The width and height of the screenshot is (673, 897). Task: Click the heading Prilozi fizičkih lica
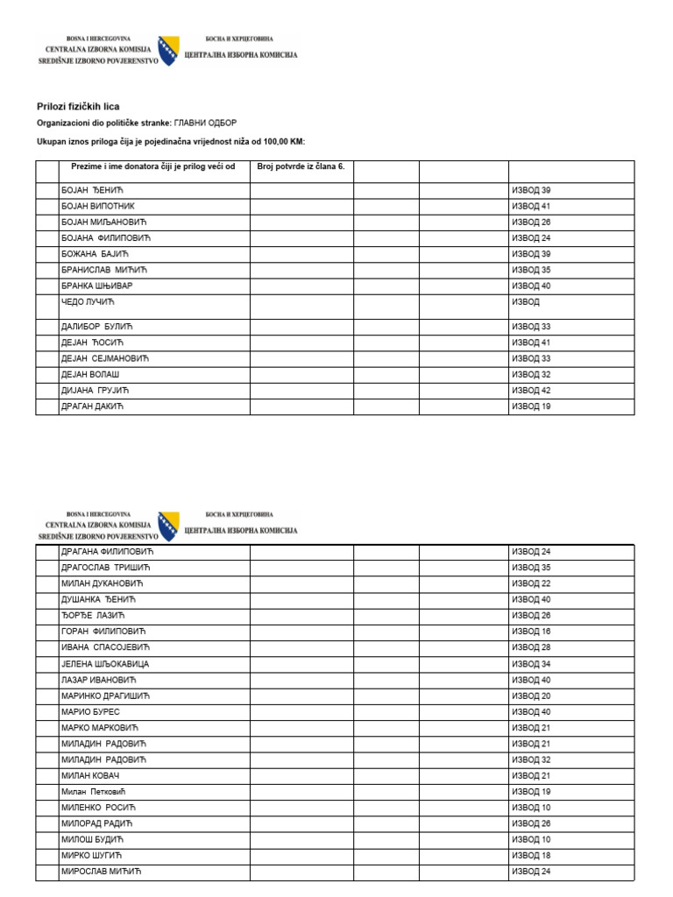pyautogui.click(x=78, y=106)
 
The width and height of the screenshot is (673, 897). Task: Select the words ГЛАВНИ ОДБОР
pyautogui.click(x=205, y=124)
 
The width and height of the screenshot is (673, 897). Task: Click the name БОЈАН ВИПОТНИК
pyautogui.click(x=97, y=207)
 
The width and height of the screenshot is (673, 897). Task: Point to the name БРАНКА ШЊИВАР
pyautogui.click(x=96, y=286)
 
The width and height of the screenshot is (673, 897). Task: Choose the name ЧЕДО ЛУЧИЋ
pyautogui.click(x=89, y=302)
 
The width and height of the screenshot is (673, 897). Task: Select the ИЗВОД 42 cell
pyautogui.click(x=531, y=390)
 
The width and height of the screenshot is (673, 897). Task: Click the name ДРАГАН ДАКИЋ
pyautogui.click(x=93, y=406)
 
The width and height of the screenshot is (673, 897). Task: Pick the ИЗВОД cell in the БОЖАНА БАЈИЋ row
pyautogui.click(x=531, y=254)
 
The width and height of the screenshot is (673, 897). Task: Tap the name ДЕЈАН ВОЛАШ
pyautogui.click(x=90, y=374)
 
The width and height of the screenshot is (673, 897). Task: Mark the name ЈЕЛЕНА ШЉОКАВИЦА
pyautogui.click(x=105, y=665)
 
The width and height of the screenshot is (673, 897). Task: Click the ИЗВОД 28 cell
pyautogui.click(x=531, y=647)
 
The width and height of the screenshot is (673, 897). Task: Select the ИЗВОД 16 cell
pyautogui.click(x=531, y=632)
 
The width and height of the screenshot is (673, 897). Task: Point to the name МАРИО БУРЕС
pyautogui.click(x=90, y=712)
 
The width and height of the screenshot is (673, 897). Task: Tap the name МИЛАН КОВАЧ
pyautogui.click(x=90, y=775)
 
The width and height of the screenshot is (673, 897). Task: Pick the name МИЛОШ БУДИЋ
pyautogui.click(x=91, y=839)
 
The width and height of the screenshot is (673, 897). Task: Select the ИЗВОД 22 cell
pyautogui.click(x=531, y=584)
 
